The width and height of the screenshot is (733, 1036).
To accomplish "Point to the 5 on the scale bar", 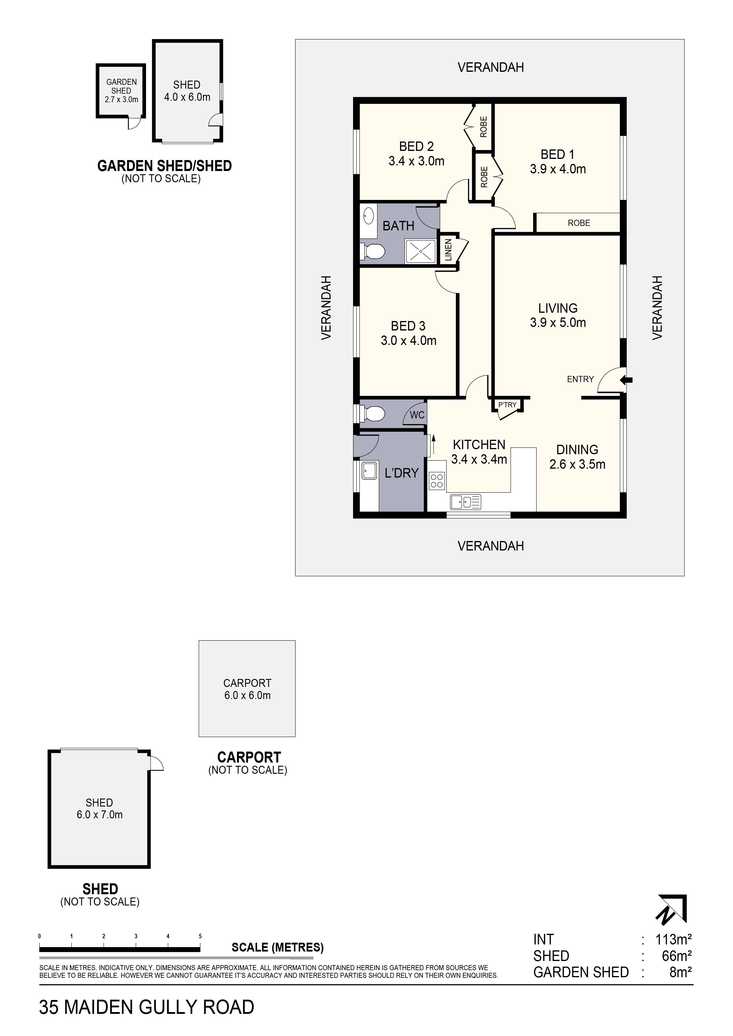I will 200,936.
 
